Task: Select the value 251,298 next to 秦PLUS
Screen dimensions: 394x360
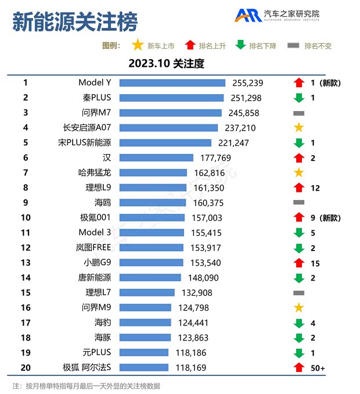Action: pyautogui.click(x=247, y=98)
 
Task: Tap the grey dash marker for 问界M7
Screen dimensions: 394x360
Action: pyautogui.click(x=299, y=113)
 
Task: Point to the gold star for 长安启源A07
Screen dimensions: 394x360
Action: pyautogui.click(x=299, y=128)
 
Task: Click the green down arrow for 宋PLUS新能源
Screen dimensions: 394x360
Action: pyautogui.click(x=299, y=143)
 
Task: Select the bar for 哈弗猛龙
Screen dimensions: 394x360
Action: pyautogui.click(x=153, y=173)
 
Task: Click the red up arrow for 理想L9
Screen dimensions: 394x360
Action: pyautogui.click(x=299, y=188)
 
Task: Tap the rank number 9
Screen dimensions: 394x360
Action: pyautogui.click(x=26, y=203)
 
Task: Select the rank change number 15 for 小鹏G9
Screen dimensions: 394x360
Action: pyautogui.click(x=315, y=263)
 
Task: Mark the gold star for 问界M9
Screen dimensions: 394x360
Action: pyautogui.click(x=299, y=307)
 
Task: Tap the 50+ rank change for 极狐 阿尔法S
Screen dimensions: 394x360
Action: pyautogui.click(x=318, y=367)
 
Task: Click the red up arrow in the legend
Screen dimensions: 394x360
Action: pyautogui.click(x=189, y=45)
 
